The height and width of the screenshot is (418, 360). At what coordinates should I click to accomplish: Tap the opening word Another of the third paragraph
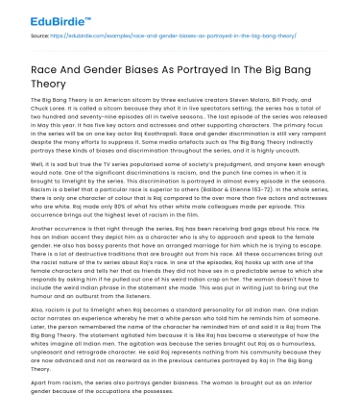pyautogui.click(x=45, y=235)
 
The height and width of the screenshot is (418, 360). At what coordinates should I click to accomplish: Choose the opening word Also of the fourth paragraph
pyautogui.click(x=39, y=312)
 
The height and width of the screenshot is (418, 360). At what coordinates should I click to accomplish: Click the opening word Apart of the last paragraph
pyautogui.click(x=41, y=381)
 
